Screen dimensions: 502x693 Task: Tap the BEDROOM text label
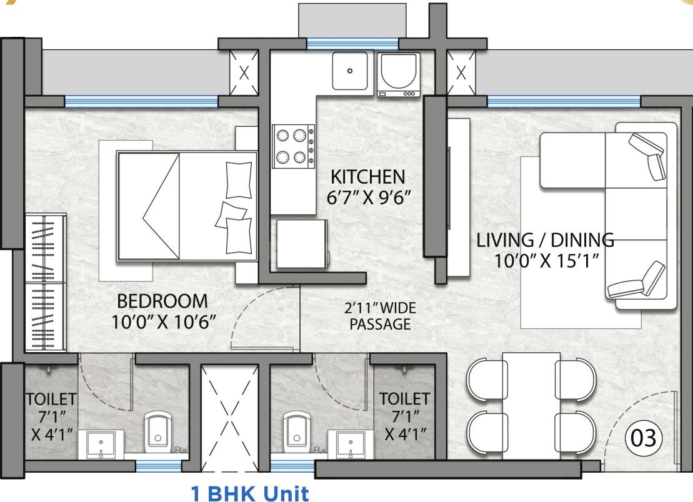pyautogui.click(x=162, y=302)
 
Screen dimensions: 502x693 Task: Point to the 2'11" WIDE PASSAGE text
pyautogui.click(x=379, y=316)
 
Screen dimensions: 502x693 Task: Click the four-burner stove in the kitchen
pyautogui.click(x=293, y=145)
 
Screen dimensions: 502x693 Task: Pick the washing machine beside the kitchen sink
pyautogui.click(x=397, y=74)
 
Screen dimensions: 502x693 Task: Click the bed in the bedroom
pyautogui.click(x=186, y=206)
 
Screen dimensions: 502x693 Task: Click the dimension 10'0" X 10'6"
pyautogui.click(x=162, y=322)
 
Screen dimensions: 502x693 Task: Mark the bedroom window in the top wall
pyautogui.click(x=141, y=101)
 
